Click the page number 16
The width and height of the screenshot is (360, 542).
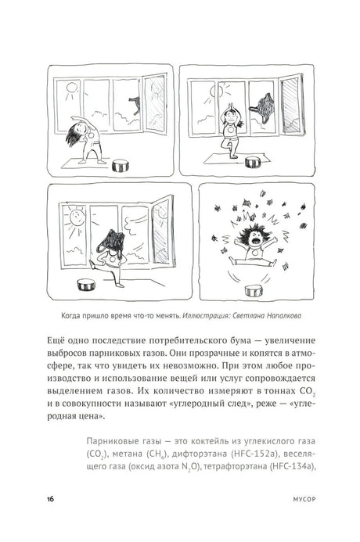pyautogui.click(x=51, y=499)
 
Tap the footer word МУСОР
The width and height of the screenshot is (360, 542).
pyautogui.click(x=304, y=500)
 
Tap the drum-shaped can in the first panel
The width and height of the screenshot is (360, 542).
pyautogui.click(x=121, y=166)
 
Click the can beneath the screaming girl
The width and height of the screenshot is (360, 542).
pyautogui.click(x=254, y=291)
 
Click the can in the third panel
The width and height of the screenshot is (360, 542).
pyautogui.click(x=86, y=285)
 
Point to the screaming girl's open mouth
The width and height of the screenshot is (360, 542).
pyautogui.click(x=256, y=240)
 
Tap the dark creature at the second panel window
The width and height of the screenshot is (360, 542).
pyautogui.click(x=266, y=106)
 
